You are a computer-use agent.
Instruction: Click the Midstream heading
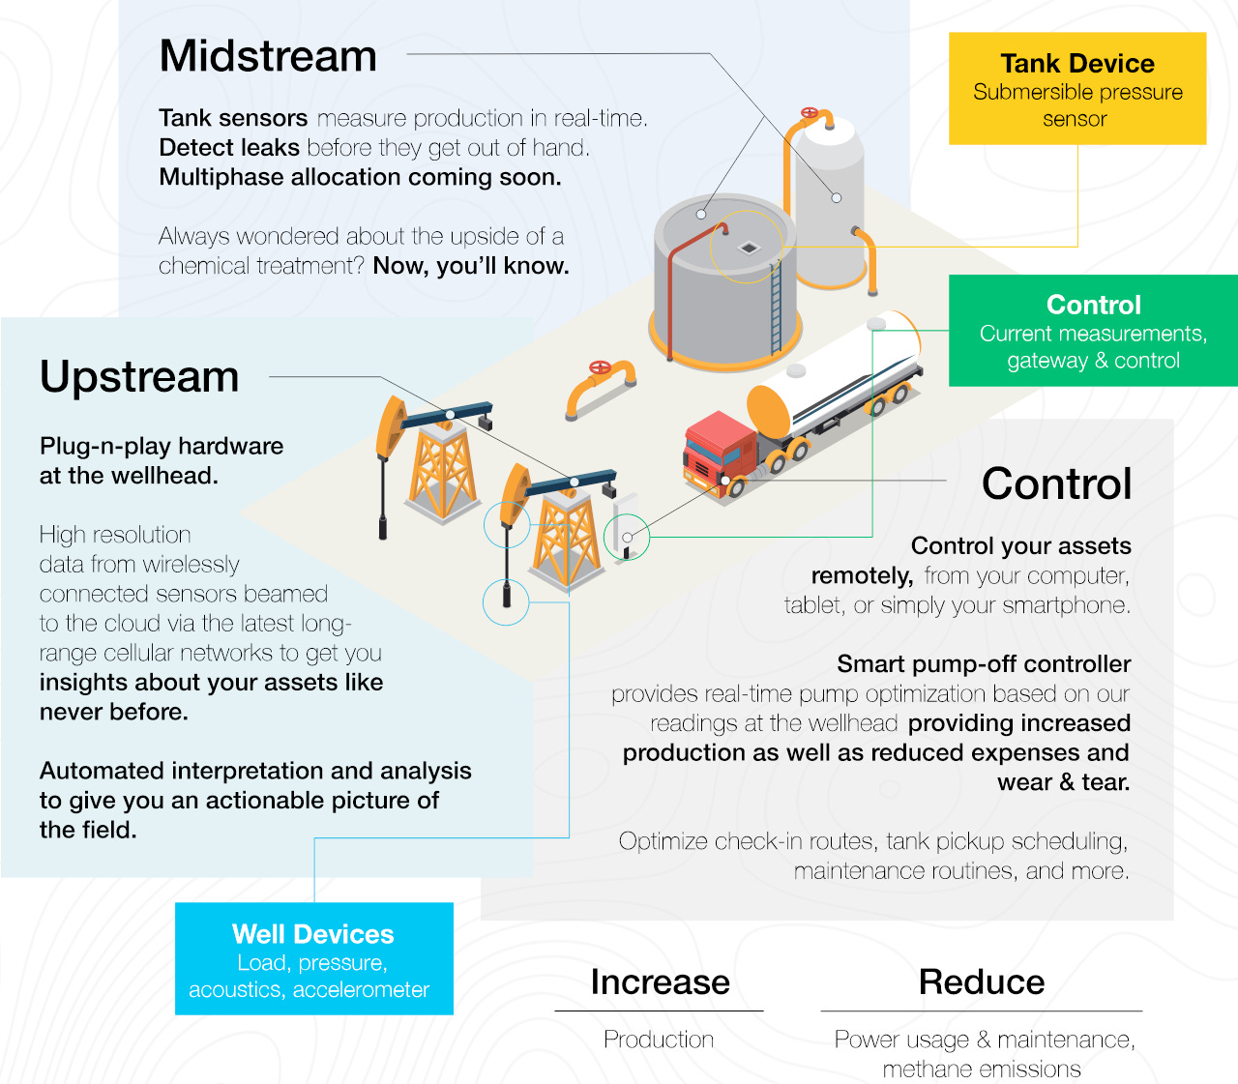(x=268, y=56)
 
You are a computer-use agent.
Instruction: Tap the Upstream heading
(x=139, y=377)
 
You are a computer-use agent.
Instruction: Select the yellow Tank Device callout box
(x=1077, y=89)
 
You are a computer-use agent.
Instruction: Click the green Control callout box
(x=1093, y=332)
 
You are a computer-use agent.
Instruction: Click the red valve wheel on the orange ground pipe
(x=600, y=367)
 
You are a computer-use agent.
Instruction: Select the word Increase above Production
(x=660, y=982)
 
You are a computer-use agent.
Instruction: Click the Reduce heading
(x=982, y=982)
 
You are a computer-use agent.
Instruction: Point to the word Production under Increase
(x=659, y=1040)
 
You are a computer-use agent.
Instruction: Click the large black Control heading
(x=1056, y=484)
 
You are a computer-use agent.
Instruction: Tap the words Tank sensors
(x=233, y=119)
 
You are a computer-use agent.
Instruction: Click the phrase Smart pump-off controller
(x=984, y=664)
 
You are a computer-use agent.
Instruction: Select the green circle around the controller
(x=627, y=537)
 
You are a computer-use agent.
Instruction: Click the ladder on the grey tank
(x=776, y=308)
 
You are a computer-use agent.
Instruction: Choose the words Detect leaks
(x=229, y=148)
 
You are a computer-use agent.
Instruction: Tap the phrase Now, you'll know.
(x=471, y=266)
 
